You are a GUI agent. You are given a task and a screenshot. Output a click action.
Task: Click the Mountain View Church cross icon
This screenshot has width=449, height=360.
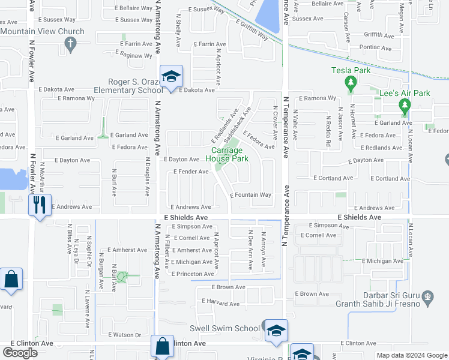coord(71,44)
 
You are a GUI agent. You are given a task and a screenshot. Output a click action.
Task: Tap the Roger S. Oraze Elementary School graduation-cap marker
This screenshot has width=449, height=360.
coord(171,76)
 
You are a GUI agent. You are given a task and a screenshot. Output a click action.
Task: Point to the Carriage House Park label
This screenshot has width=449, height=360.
coord(227,154)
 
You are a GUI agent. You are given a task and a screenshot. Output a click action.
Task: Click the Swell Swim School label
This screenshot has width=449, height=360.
coord(224,328)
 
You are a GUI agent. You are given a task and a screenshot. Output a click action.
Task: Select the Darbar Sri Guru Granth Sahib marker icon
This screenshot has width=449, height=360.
coord(428,295)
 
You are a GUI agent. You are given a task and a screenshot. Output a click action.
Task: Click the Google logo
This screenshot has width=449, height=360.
coord(20,353)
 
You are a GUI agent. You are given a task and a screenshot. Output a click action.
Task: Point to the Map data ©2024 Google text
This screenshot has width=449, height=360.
coord(412,355)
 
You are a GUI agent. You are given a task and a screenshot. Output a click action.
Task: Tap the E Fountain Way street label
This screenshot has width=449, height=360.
coord(250,195)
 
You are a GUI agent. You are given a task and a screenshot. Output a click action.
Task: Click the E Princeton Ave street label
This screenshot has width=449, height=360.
coord(192,274)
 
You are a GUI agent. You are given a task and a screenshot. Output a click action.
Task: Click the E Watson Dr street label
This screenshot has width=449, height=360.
coord(124,335)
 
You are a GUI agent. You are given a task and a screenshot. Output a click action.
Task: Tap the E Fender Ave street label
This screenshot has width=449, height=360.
coord(191,172)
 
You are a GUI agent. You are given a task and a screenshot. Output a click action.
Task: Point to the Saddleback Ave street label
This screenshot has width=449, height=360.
coord(237,120)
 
